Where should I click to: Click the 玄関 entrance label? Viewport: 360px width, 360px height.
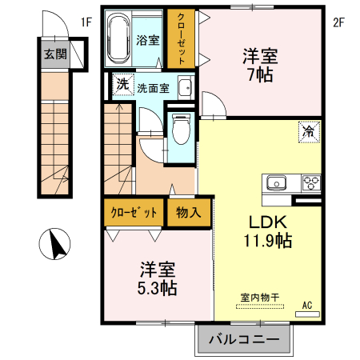(x=54, y=54)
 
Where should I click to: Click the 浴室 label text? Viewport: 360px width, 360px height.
(x=146, y=39)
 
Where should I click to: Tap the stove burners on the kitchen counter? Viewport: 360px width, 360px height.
(x=310, y=182)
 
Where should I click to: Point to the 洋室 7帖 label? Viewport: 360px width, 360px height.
(x=260, y=64)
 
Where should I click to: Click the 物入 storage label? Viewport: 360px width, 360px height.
(x=188, y=213)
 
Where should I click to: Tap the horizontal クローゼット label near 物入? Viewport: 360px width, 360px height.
(x=133, y=213)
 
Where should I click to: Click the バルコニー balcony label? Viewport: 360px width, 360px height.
(x=245, y=340)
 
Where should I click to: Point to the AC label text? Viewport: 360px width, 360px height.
(x=307, y=304)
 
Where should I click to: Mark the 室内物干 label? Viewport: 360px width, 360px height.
(x=259, y=298)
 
